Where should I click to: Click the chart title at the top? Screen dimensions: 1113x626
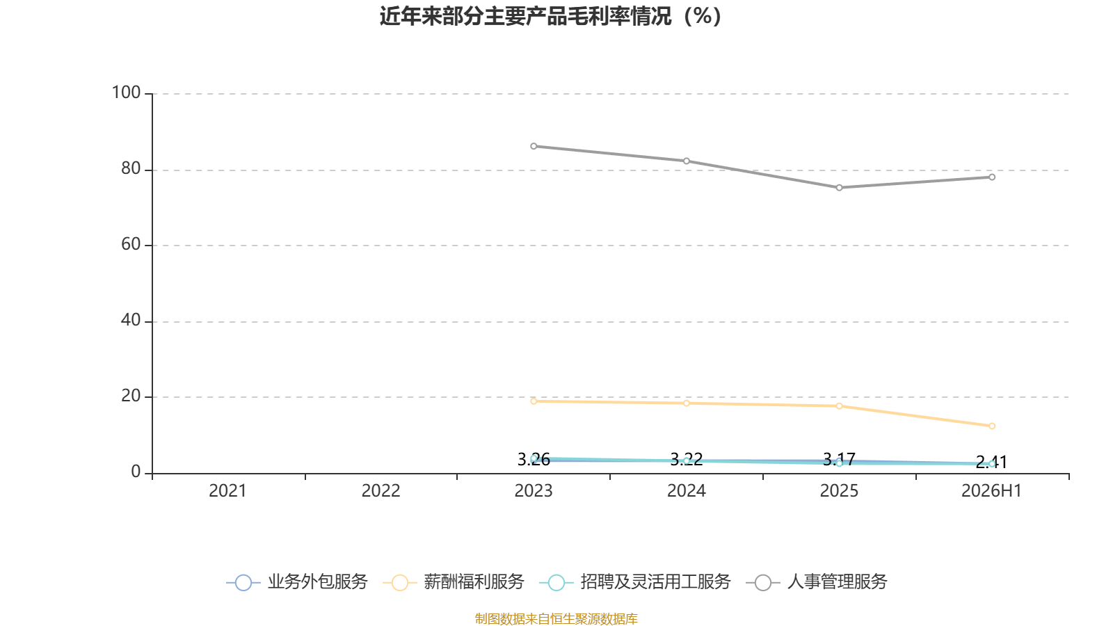550,17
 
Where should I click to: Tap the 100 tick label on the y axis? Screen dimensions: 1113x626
126,93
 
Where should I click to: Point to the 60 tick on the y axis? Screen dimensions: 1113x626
131,244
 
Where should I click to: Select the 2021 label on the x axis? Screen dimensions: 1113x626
227,491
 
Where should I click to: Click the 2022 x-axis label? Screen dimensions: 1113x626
381,491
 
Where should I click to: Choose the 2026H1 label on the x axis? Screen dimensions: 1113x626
991,491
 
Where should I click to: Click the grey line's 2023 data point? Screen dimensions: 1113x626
534,146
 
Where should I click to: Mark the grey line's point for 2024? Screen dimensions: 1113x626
686,161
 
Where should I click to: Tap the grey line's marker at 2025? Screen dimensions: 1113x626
839,188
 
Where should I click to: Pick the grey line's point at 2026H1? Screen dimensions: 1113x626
992,177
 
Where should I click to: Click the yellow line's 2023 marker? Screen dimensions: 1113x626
534,401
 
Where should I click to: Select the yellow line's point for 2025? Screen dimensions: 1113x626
839,406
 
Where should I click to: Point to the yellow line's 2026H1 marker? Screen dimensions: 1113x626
992,426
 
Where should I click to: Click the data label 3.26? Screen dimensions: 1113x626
534,460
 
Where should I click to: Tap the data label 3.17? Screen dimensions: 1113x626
839,460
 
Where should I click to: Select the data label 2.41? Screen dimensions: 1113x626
991,463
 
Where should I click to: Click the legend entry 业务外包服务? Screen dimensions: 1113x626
296,581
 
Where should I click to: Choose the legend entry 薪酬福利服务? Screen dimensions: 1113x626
453,581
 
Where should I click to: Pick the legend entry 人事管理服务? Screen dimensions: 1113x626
817,581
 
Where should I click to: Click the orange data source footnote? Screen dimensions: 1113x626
556,618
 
